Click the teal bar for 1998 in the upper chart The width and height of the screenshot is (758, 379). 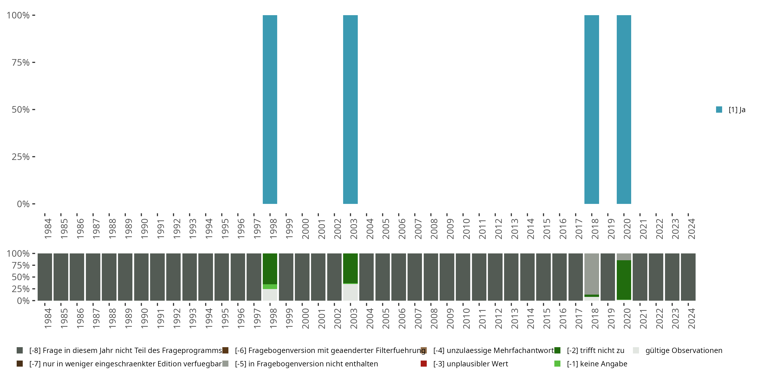pos(270,109)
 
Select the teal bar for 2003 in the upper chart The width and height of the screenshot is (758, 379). pos(350,109)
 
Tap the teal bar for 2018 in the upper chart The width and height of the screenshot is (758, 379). pos(591,109)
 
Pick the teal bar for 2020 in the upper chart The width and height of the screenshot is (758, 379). pos(624,109)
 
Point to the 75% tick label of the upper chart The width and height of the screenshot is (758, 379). pos(21,62)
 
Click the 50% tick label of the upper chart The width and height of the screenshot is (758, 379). pos(21,109)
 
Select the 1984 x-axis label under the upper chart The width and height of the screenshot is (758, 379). pos(48,229)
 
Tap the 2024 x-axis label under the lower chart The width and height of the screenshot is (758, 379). pos(691,318)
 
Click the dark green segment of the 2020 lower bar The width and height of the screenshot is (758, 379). pos(624,279)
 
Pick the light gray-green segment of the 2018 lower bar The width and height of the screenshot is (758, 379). pos(591,274)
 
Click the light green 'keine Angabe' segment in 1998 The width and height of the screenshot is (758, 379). pos(270,287)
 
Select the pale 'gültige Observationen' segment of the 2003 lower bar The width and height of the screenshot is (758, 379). pos(350,292)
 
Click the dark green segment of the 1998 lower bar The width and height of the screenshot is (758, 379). pos(270,269)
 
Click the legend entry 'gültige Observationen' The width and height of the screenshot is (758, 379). pos(683,350)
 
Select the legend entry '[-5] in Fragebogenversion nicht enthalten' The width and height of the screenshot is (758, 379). pos(306,364)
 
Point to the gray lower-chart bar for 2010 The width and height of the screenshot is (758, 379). pos(463,277)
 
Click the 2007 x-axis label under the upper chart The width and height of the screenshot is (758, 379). pos(418,229)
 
